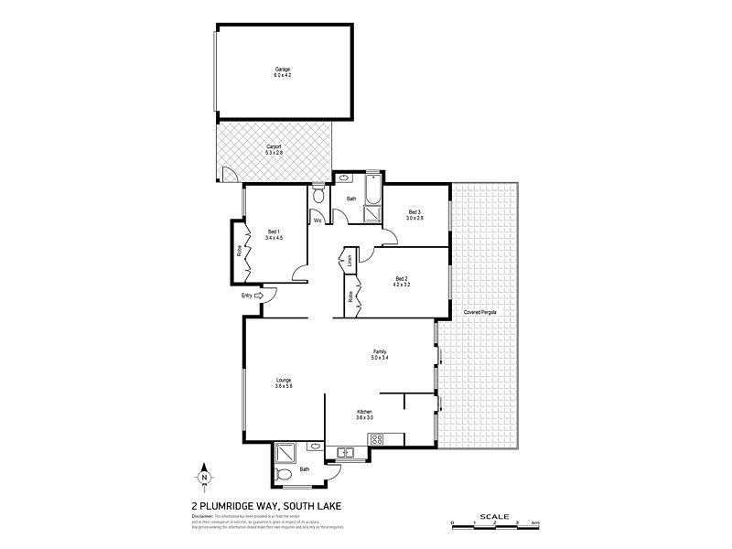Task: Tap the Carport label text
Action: click(x=274, y=145)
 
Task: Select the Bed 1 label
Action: click(x=274, y=231)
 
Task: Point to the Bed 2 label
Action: click(x=402, y=278)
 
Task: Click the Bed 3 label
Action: click(x=414, y=212)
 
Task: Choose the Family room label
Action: click(x=379, y=351)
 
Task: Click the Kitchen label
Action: click(x=363, y=413)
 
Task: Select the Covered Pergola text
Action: click(x=481, y=312)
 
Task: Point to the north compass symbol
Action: click(x=204, y=476)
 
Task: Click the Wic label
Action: click(x=318, y=220)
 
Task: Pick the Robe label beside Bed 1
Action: click(x=240, y=248)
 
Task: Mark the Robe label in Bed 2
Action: click(x=350, y=296)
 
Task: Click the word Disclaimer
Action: click(x=202, y=516)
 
